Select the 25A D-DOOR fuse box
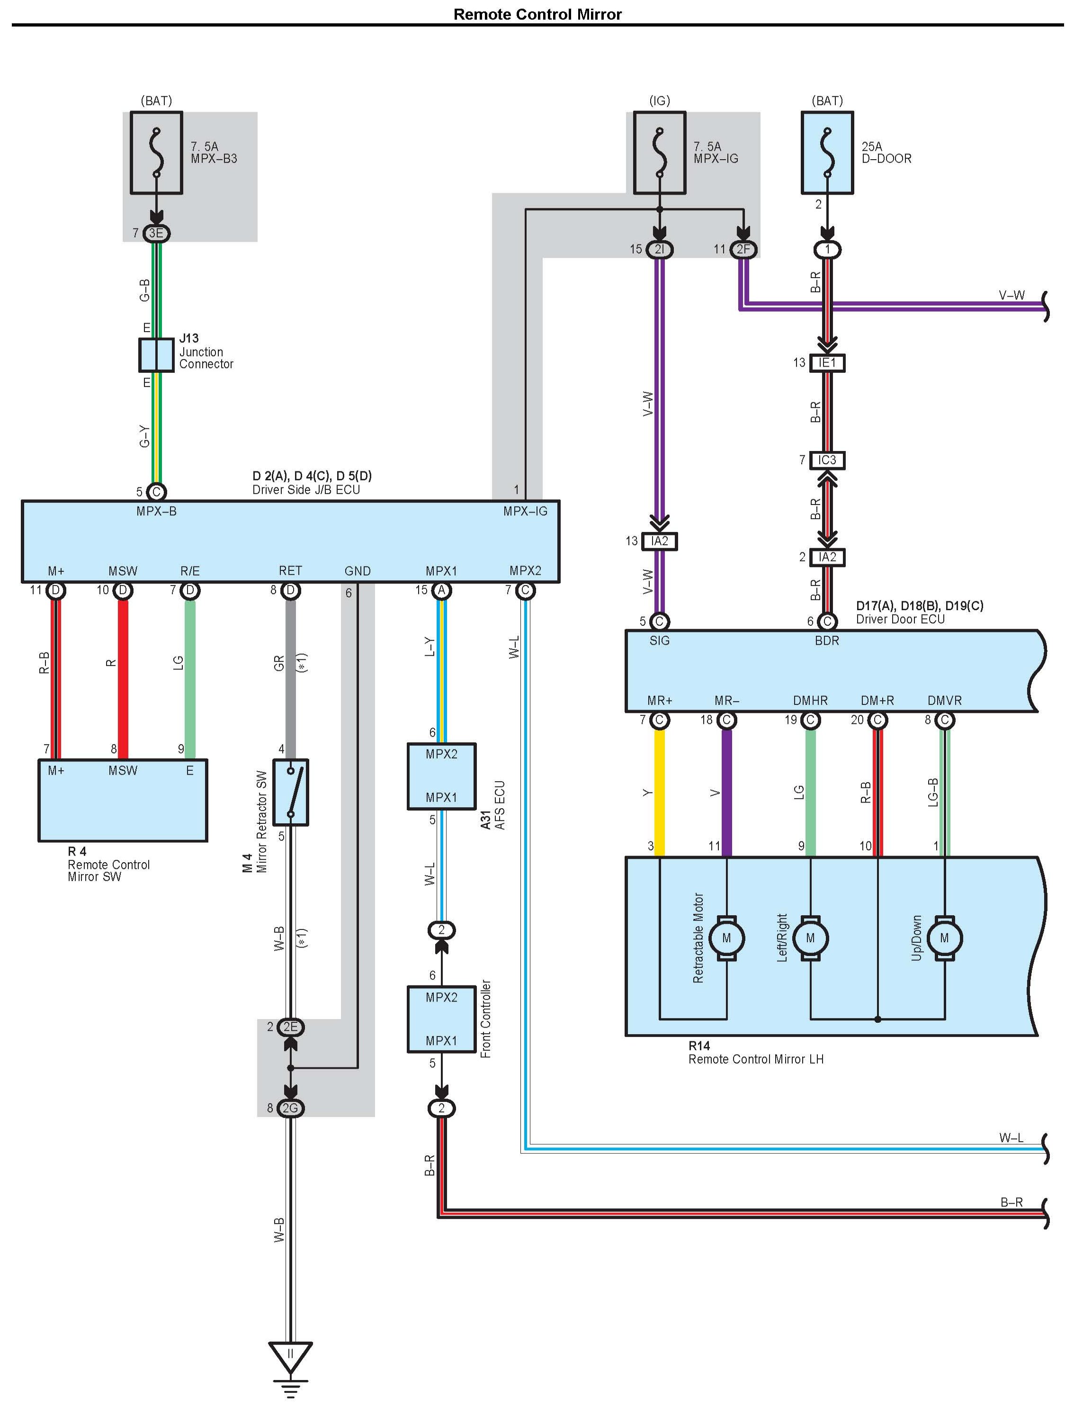click(x=827, y=153)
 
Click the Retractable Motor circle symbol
click(x=726, y=938)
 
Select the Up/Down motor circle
click(x=944, y=938)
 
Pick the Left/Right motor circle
click(x=811, y=938)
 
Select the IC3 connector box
click(x=827, y=460)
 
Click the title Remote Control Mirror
click(x=537, y=14)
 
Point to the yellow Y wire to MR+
click(x=660, y=793)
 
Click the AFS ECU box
click(x=441, y=776)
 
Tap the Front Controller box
click(x=441, y=1019)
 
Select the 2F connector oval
click(x=743, y=249)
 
